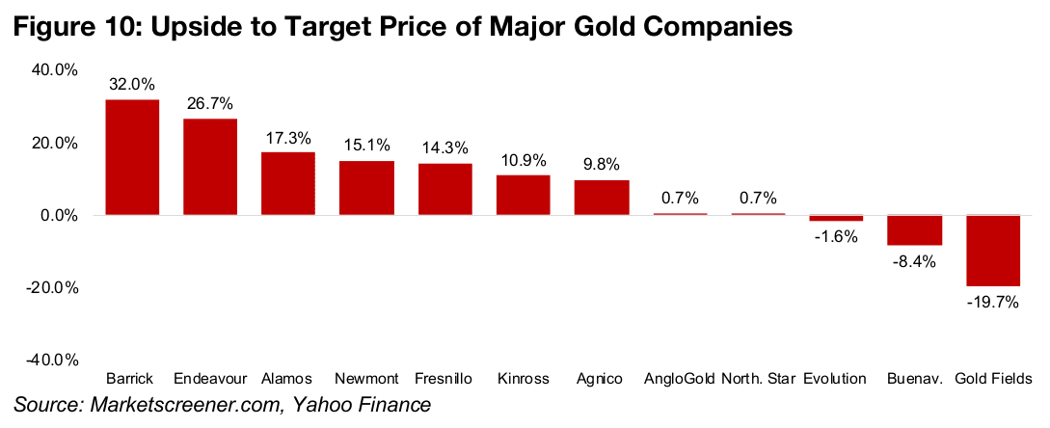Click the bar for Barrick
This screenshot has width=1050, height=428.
pyautogui.click(x=132, y=157)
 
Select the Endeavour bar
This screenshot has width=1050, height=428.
pyautogui.click(x=210, y=167)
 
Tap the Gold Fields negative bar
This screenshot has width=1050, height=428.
pyautogui.click(x=993, y=251)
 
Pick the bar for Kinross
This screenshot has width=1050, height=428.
pyautogui.click(x=524, y=195)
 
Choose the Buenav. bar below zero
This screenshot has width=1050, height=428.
pyautogui.click(x=915, y=230)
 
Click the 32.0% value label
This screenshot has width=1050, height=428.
pyautogui.click(x=132, y=85)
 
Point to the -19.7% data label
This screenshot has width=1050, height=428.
pyautogui.click(x=993, y=302)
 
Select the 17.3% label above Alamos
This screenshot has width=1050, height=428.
pyautogui.click(x=288, y=137)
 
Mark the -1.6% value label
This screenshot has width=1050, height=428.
pyautogui.click(x=836, y=237)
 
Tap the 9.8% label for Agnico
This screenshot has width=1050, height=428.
pyautogui.click(x=602, y=164)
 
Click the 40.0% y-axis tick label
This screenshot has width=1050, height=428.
pyautogui.click(x=57, y=70)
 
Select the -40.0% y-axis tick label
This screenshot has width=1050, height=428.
pyautogui.click(x=55, y=360)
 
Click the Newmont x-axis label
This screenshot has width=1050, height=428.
pyautogui.click(x=366, y=377)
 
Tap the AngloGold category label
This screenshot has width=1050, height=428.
pyautogui.click(x=680, y=377)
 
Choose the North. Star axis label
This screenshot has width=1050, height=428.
pyautogui.click(x=758, y=377)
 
